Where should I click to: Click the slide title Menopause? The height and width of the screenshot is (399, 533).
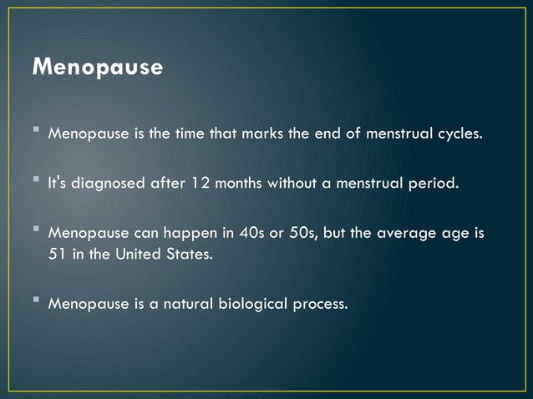[97, 67]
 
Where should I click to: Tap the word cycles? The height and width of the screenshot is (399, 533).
[460, 135]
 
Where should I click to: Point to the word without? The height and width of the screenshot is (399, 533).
[316, 184]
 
